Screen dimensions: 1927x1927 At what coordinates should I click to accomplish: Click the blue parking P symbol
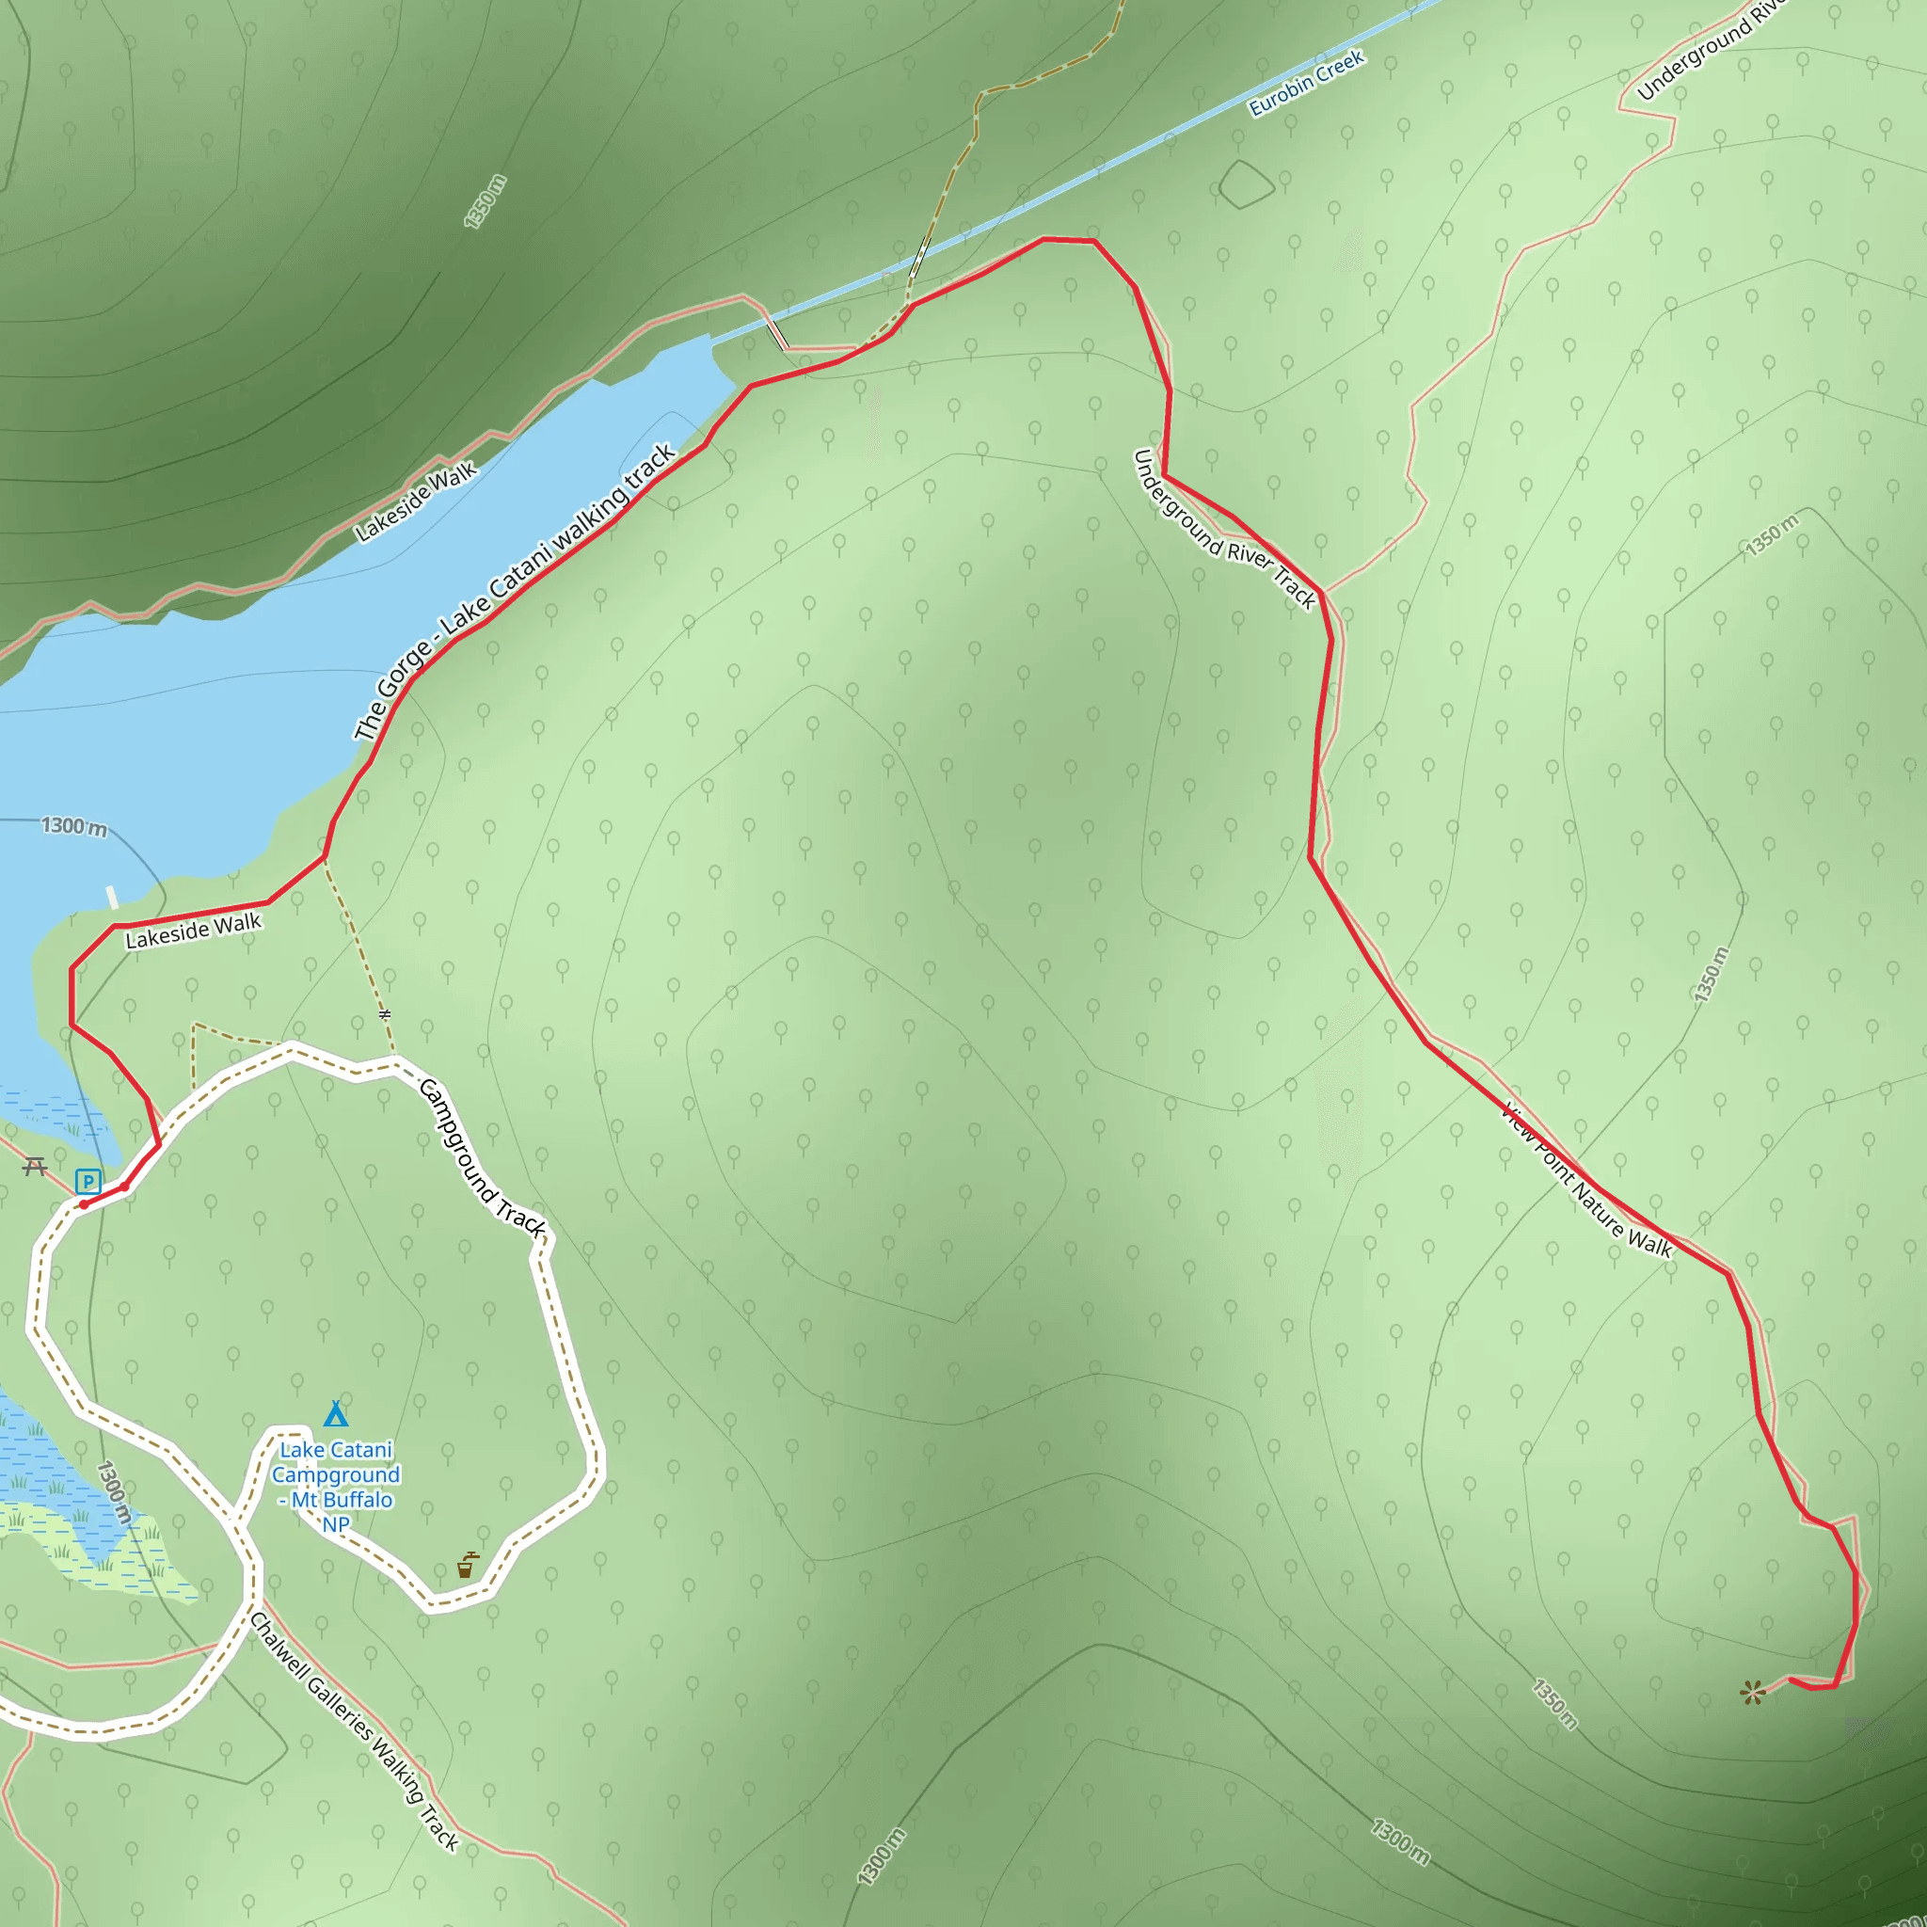coord(88,1182)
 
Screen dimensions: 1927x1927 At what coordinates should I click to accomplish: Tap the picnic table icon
coord(36,1165)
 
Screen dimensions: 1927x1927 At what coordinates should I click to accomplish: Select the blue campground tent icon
coord(336,1413)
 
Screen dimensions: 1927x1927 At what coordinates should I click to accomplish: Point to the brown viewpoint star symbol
coord(1752,1691)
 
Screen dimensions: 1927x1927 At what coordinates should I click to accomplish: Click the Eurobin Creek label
coord(1306,84)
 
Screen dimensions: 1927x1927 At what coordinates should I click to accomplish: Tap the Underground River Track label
coord(1224,530)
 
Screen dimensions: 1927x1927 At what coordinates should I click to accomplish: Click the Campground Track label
coord(483,1159)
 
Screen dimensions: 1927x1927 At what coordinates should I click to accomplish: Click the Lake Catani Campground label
coord(336,1486)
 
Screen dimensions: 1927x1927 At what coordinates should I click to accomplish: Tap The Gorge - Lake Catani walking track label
coord(515,593)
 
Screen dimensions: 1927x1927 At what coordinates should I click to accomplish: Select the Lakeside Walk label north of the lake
coord(416,502)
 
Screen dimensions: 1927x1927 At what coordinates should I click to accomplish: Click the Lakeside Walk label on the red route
coord(194,930)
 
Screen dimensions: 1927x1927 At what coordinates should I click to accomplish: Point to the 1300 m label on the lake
coord(73,826)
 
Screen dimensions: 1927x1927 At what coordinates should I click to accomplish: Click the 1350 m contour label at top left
coord(486,201)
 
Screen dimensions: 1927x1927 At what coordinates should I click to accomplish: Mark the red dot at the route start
coord(84,1203)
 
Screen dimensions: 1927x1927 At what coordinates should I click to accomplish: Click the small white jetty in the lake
coord(113,897)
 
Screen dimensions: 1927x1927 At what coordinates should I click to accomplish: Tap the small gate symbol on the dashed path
coord(385,1014)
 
